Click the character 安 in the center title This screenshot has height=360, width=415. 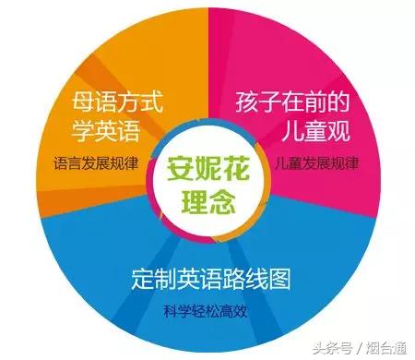(x=179, y=169)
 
